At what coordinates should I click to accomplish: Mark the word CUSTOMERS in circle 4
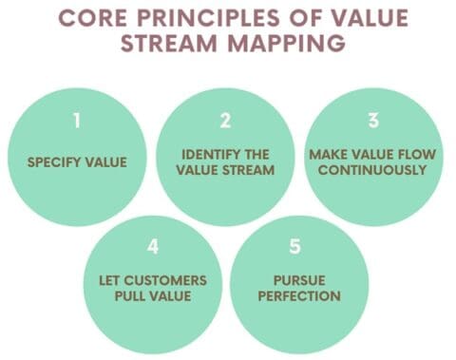pos(171,280)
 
